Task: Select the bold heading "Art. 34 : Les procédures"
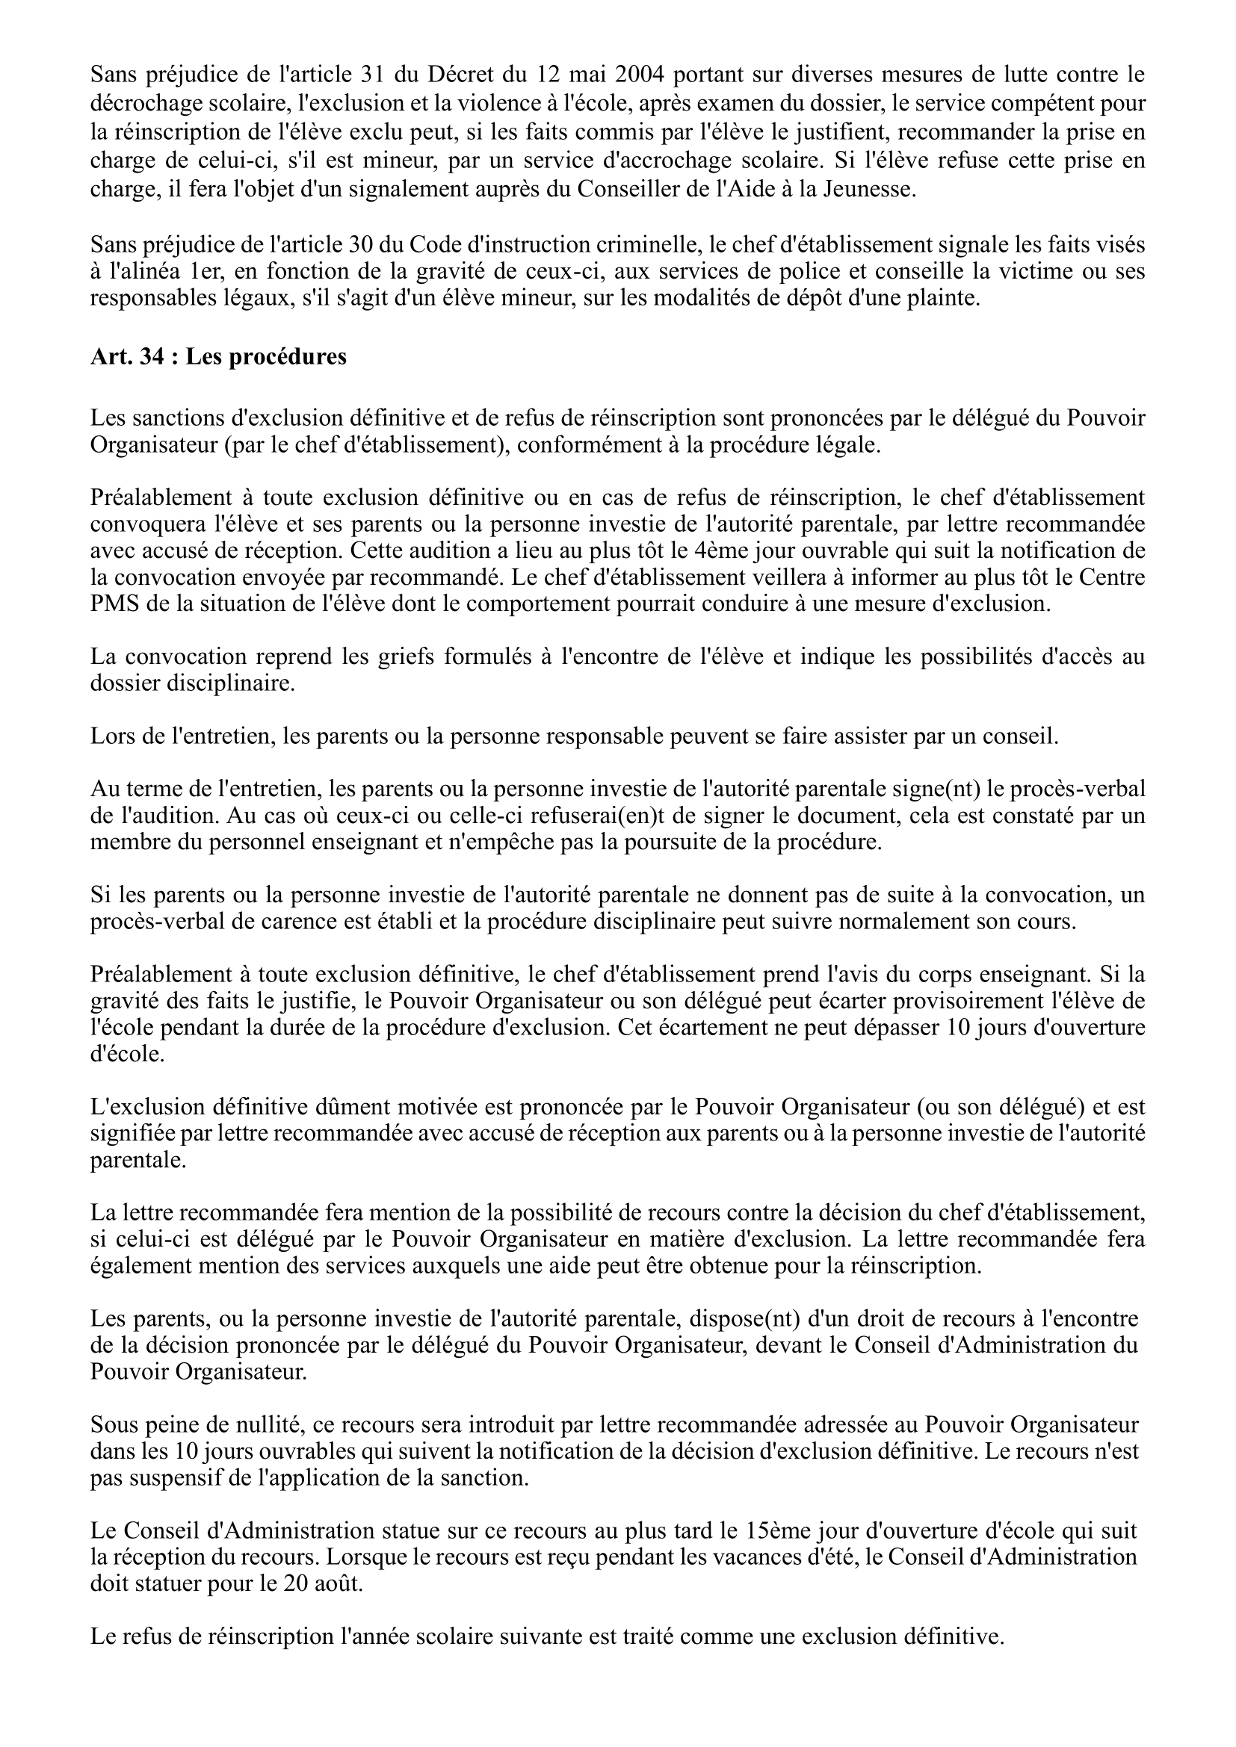point(218,356)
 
